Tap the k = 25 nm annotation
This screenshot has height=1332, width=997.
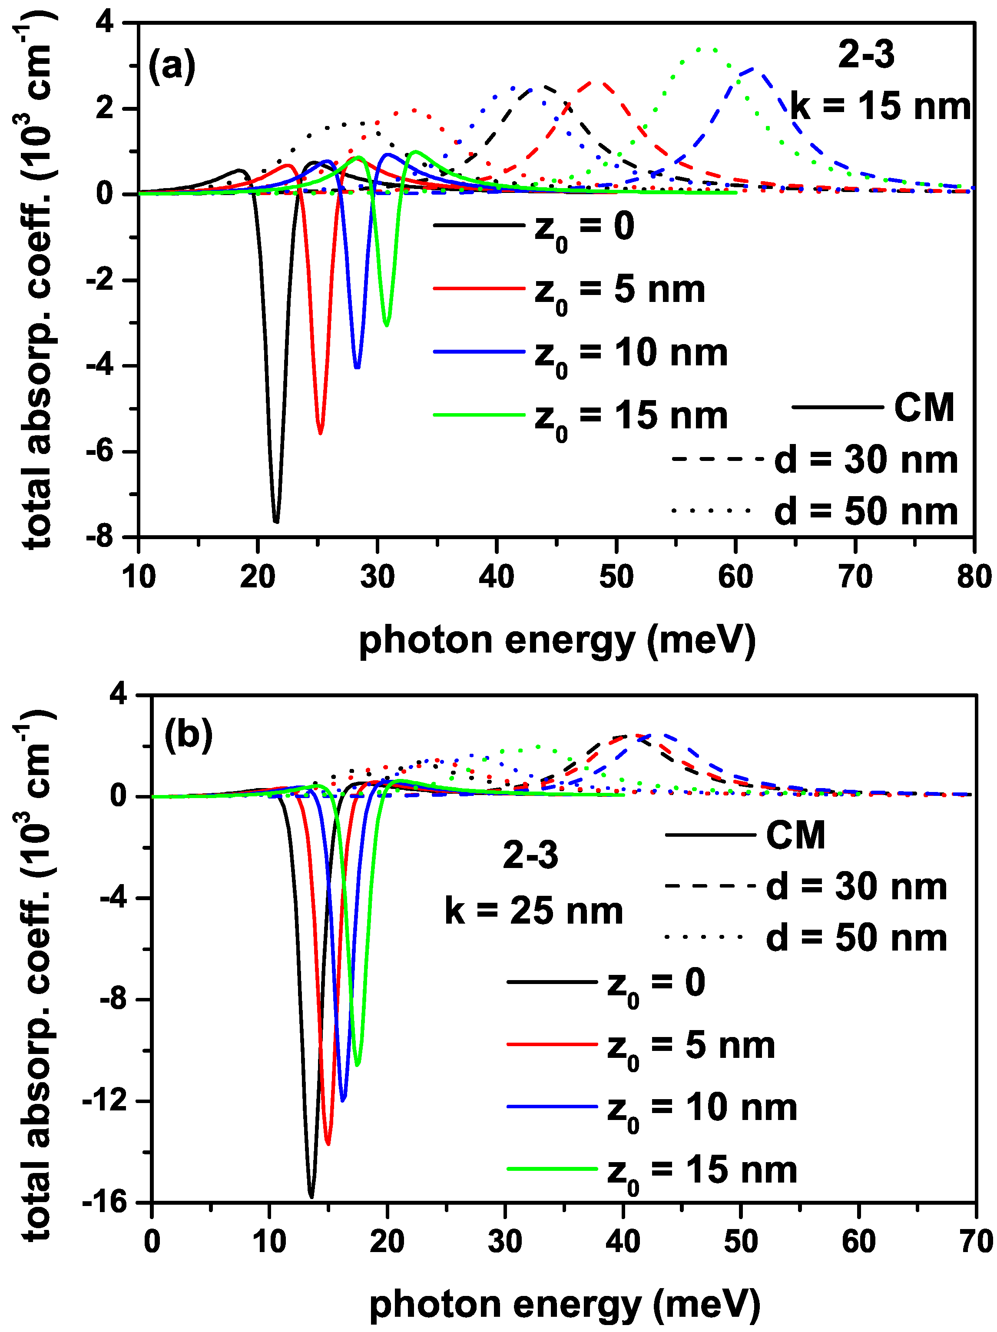click(533, 911)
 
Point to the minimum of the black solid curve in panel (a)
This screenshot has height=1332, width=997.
click(276, 521)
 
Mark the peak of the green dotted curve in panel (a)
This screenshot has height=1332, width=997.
click(706, 48)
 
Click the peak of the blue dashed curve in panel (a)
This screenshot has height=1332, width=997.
click(754, 69)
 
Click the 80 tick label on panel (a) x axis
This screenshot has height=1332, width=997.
click(974, 577)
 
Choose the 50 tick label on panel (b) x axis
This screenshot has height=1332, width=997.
click(741, 1242)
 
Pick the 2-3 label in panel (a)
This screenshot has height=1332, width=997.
click(866, 56)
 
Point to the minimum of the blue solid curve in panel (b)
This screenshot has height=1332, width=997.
click(343, 1100)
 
